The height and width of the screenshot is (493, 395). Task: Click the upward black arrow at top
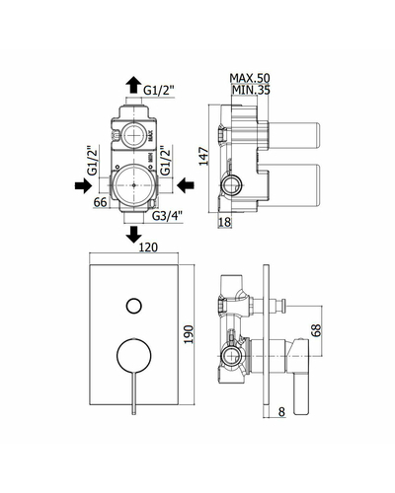coord(133,84)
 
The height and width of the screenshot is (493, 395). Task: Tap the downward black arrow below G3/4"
coord(133,234)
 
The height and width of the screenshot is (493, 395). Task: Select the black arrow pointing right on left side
coord(83,185)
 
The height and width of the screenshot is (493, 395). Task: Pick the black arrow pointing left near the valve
coord(186,185)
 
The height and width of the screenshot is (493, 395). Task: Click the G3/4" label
coord(167,216)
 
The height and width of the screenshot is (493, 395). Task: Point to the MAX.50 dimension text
coord(250,78)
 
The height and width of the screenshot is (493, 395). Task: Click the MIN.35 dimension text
coord(251,90)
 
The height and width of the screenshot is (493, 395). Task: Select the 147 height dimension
coord(204,157)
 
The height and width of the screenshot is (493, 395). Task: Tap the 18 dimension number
coord(224,222)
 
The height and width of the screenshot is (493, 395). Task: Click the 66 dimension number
coord(101,202)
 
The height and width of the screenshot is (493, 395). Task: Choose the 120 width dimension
coord(148,247)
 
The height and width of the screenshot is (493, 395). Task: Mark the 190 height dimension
coord(189,334)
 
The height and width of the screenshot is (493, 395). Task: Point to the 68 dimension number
coord(316,330)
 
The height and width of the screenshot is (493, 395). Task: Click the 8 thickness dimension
coord(281,411)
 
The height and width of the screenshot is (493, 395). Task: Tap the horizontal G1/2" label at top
coord(159,90)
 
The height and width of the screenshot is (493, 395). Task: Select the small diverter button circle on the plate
coord(134,307)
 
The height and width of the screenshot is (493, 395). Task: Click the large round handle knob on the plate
coord(134,355)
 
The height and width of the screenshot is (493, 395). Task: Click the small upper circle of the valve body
coord(133,137)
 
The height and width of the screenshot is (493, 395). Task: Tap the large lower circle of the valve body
coord(133,185)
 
